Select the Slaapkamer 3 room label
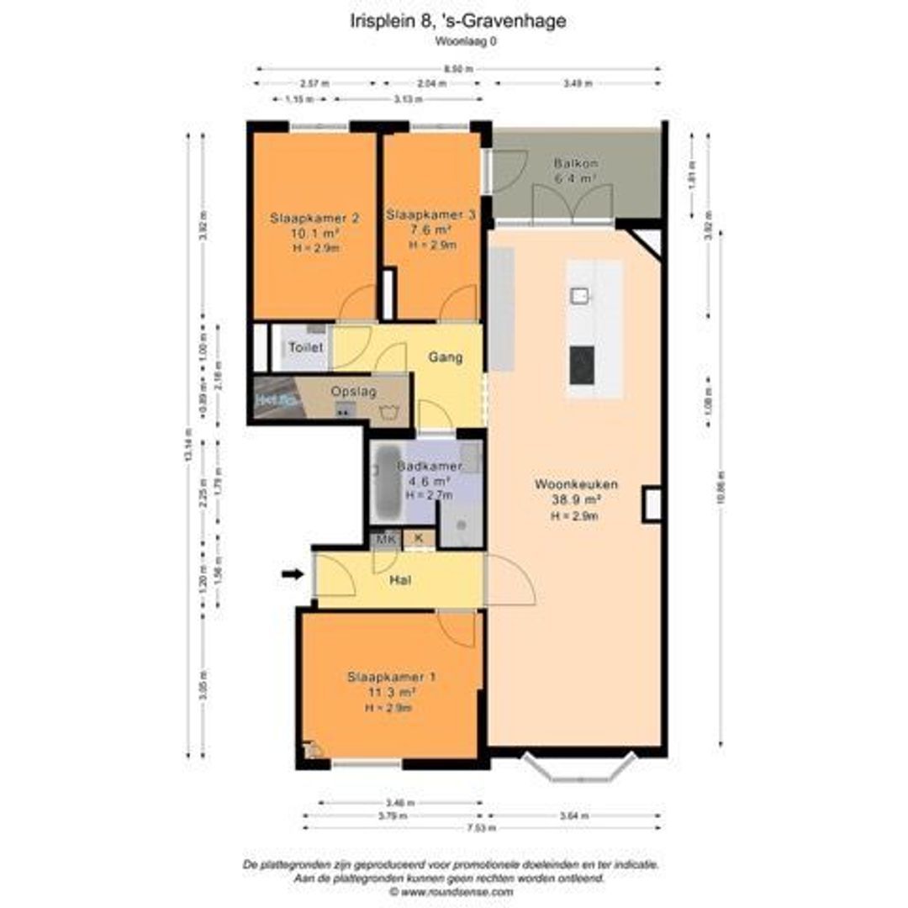tap(431, 216)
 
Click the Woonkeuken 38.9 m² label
tap(576, 485)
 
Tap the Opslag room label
tap(354, 392)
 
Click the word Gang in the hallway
tap(446, 357)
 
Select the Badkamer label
tap(429, 467)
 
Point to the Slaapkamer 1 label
tap(392, 677)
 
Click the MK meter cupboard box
tap(386, 539)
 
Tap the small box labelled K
tap(418, 539)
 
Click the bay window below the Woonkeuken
tap(578, 766)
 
